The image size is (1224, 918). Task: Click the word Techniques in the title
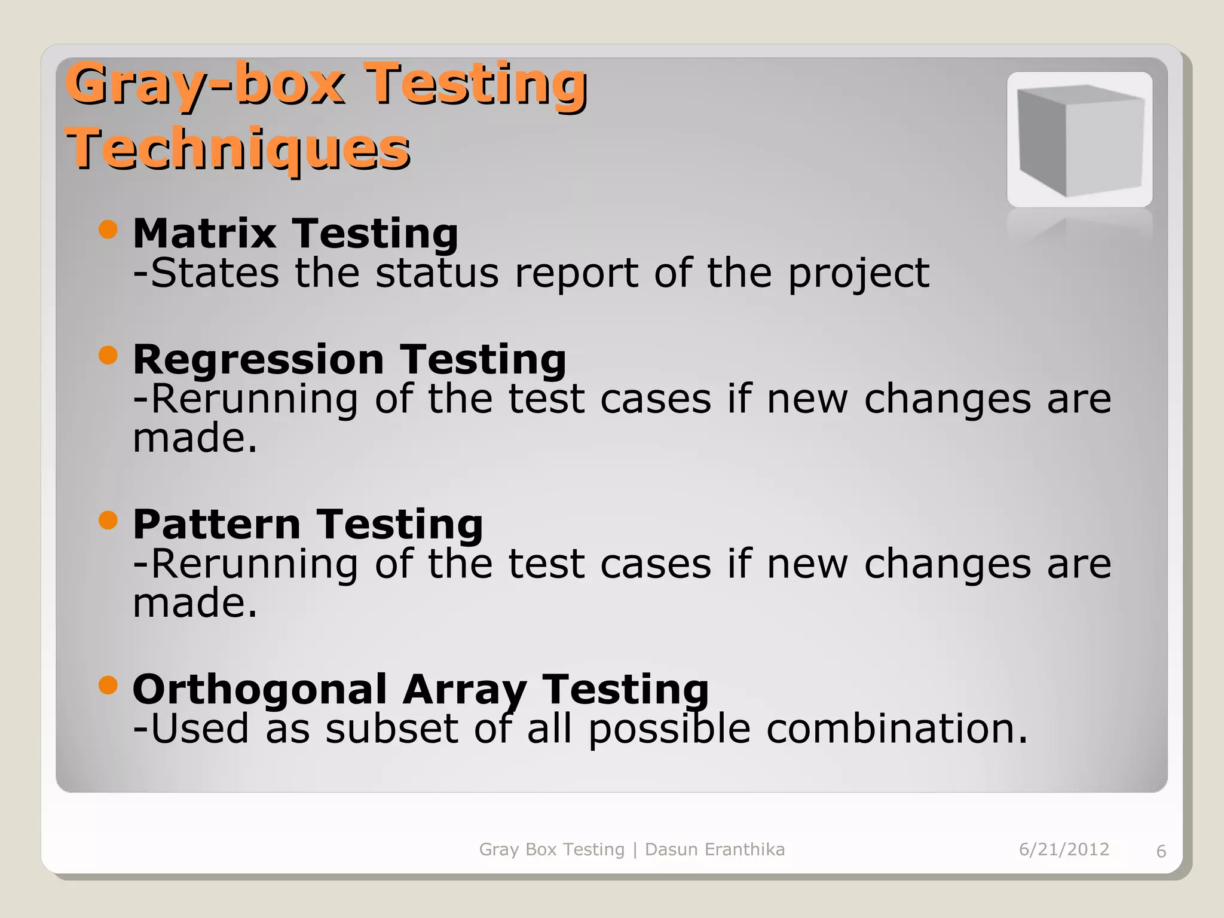[237, 148]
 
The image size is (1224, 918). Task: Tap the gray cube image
[1079, 140]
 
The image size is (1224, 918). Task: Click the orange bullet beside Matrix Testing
[108, 229]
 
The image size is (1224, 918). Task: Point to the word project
[858, 274]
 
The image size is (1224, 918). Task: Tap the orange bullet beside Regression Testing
[108, 356]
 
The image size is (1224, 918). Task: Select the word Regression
[258, 360]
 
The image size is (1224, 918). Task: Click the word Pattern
[216, 524]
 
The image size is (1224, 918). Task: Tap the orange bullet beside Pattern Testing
[108, 520]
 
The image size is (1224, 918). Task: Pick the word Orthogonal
[260, 690]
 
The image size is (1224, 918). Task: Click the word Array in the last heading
[464, 690]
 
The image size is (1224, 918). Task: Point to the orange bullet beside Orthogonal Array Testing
[108, 685]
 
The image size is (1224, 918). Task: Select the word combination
[896, 729]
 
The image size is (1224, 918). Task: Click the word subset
[391, 729]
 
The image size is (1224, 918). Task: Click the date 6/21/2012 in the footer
[1064, 849]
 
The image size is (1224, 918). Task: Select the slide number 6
[1161, 851]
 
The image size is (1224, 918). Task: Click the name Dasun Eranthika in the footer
[714, 849]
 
